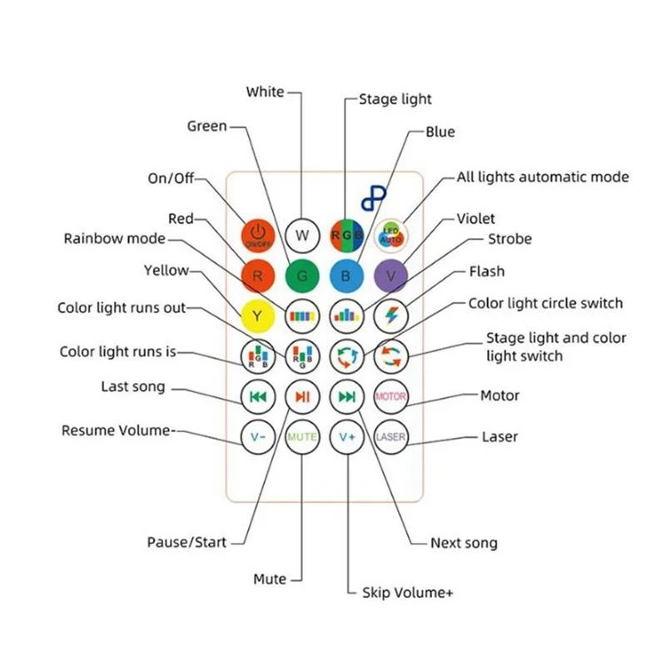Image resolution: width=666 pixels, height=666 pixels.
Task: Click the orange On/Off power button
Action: point(258,235)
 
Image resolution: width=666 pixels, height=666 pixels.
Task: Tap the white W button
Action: point(302,235)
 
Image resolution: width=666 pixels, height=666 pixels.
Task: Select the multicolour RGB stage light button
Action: point(346,235)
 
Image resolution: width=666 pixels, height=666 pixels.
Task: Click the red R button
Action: point(258,275)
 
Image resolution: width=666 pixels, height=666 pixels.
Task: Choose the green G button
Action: point(302,275)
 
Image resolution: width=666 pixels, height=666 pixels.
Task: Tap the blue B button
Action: point(346,275)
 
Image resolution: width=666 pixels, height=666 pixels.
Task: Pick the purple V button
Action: point(390,275)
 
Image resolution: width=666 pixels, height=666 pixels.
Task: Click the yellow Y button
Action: point(258,316)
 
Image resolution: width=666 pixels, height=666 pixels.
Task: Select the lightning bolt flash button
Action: point(390,316)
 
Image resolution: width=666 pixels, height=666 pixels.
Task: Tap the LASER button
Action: point(390,436)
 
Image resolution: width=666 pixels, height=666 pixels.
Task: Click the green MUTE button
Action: point(302,436)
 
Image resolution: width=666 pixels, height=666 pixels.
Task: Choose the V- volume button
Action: point(258,436)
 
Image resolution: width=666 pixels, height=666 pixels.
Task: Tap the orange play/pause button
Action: point(302,396)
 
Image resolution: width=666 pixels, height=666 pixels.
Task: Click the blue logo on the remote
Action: point(374,197)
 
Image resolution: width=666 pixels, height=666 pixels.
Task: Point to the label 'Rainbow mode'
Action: point(115,239)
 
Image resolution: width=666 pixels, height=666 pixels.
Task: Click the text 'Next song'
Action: point(464,543)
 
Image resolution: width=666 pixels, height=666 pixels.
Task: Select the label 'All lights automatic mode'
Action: point(543,177)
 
